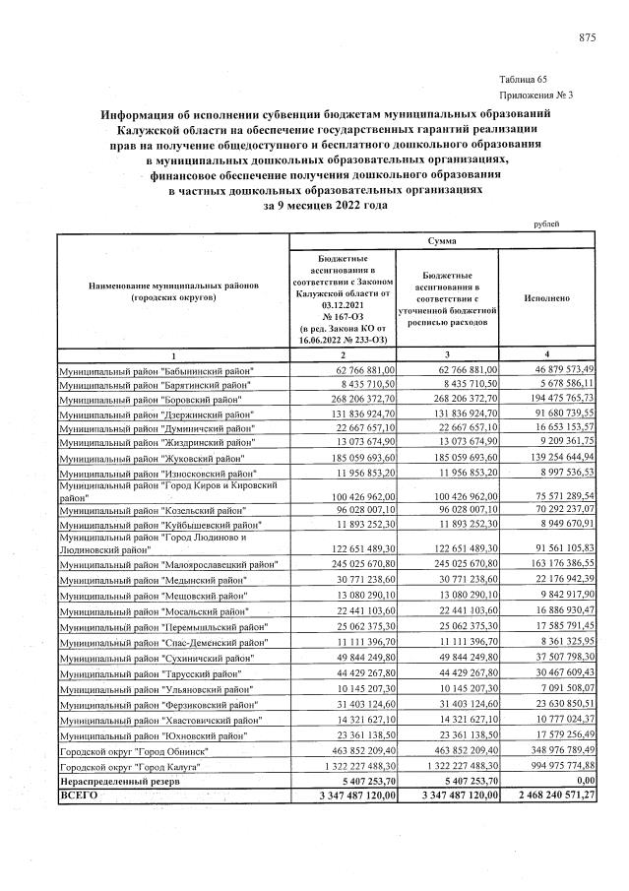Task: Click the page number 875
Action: (587, 37)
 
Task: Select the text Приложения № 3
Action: (535, 95)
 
